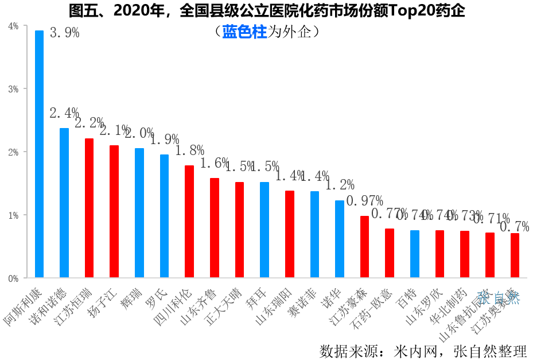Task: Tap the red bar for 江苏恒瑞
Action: click(89, 208)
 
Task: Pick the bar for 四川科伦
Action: click(189, 222)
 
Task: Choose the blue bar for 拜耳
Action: click(264, 230)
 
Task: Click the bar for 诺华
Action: click(340, 239)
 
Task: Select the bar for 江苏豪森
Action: click(364, 247)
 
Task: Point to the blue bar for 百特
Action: click(415, 254)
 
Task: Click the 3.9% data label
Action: click(65, 33)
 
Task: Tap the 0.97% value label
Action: click(364, 201)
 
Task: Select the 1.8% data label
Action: click(190, 150)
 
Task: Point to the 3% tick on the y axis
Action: click(13, 89)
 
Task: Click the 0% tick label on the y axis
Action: click(13, 278)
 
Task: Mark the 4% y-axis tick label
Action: click(13, 26)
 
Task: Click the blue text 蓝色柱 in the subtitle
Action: click(245, 32)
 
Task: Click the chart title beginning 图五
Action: click(266, 10)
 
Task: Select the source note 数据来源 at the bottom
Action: click(423, 350)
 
